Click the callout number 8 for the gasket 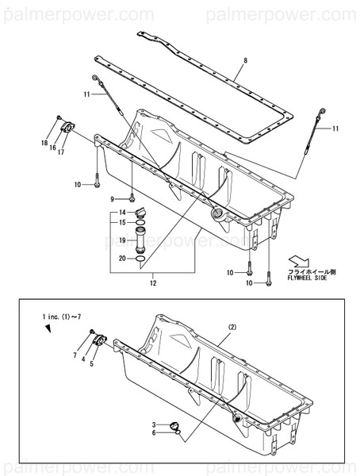pos(245,61)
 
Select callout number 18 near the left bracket pos(45,142)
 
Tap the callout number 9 pos(112,198)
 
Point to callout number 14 pos(123,213)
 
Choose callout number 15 pos(123,223)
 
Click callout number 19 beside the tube pos(123,240)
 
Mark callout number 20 pos(123,258)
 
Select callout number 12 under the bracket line pos(153,282)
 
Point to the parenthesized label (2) pos(232,326)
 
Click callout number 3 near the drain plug pos(156,426)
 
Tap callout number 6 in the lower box pos(156,435)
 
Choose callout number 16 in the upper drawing pos(52,148)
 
